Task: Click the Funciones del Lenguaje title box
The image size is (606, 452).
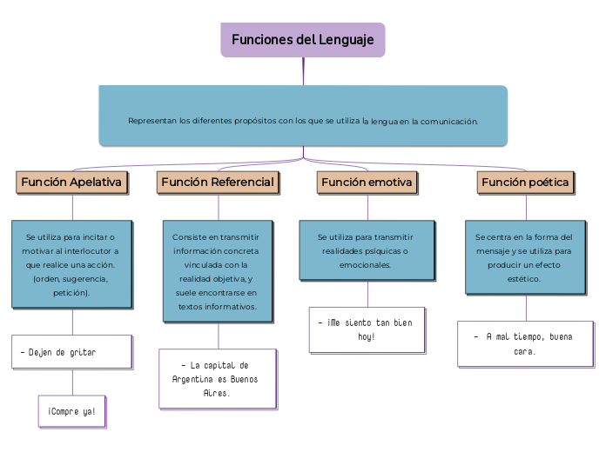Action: tap(302, 40)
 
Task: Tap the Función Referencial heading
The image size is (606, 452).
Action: tap(218, 183)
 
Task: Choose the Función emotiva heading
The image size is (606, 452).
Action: tap(367, 183)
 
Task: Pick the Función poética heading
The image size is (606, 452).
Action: tap(525, 183)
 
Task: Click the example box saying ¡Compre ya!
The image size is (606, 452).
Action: tap(72, 411)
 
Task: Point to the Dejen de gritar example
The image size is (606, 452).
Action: tap(71, 352)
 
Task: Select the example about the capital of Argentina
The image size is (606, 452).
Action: tap(218, 379)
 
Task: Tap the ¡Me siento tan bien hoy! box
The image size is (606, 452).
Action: tap(367, 329)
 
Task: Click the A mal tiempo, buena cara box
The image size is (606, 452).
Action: tap(525, 343)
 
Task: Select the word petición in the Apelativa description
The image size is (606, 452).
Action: tap(71, 293)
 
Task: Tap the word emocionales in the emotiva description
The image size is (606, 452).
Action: tap(367, 264)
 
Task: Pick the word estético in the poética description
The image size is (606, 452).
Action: tap(524, 279)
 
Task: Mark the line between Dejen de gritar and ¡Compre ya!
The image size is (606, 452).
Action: tap(72, 382)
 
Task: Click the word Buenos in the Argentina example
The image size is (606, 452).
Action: tap(244, 380)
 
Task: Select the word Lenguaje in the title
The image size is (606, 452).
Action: tap(346, 40)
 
